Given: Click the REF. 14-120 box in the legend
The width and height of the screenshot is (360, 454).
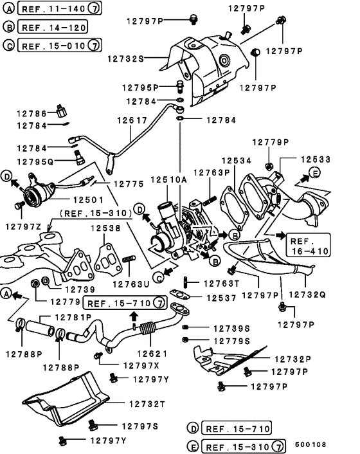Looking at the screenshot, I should (44, 28).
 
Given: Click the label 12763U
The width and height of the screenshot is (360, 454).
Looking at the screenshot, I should (131, 284).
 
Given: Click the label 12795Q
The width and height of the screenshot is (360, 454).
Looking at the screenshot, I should (35, 161).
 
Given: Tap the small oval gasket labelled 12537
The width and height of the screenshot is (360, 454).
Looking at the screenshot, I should (180, 295).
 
